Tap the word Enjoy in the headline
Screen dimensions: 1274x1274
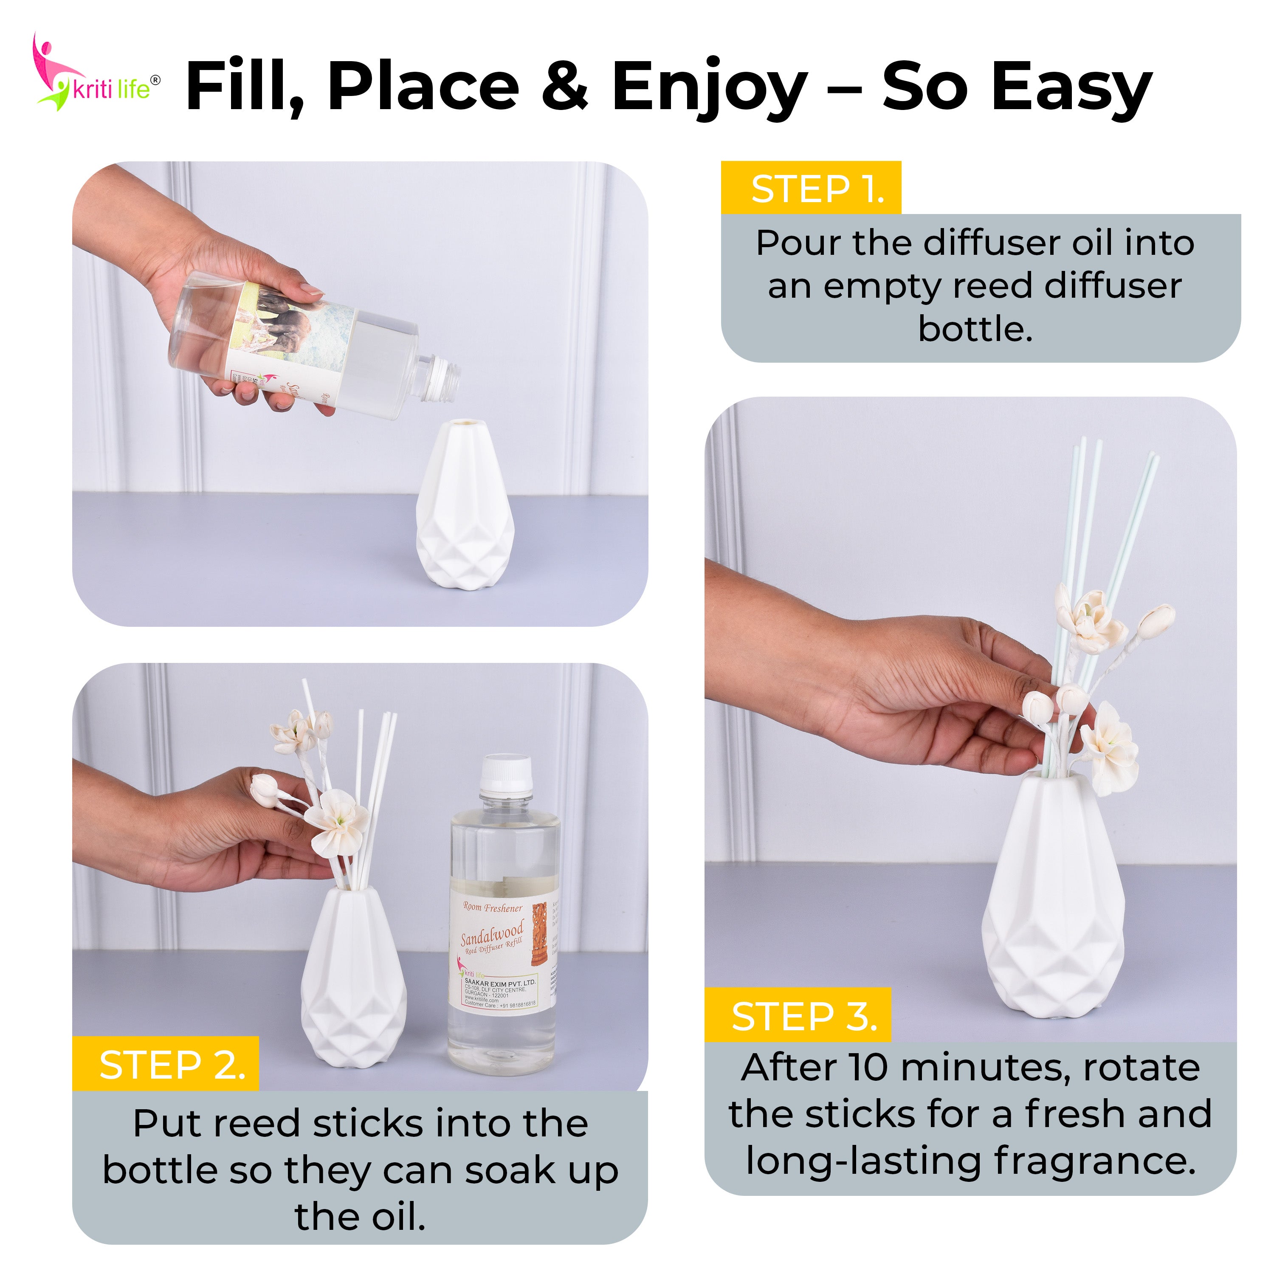point(709,87)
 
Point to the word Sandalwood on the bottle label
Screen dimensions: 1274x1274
point(491,933)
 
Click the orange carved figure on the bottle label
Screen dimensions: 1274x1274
point(539,933)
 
